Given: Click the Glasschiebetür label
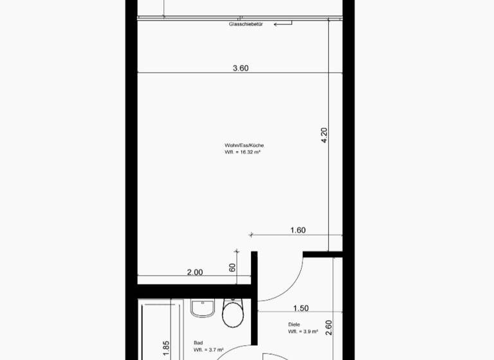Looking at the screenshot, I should tap(246, 24).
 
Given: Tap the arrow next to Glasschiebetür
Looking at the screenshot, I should tap(282, 24).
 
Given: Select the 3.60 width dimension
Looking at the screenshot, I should tap(240, 67).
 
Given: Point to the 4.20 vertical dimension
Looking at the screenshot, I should tap(324, 135).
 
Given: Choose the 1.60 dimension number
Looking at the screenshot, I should tap(297, 230).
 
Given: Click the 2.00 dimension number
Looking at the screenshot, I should tap(194, 272).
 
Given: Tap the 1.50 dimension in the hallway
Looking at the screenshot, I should tap(300, 309).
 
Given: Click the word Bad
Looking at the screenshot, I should tap(198, 343).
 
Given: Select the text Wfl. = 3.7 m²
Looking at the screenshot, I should tap(207, 350).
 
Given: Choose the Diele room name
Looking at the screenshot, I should tap(294, 325).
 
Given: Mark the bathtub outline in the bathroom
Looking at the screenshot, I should tap(158, 328).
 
